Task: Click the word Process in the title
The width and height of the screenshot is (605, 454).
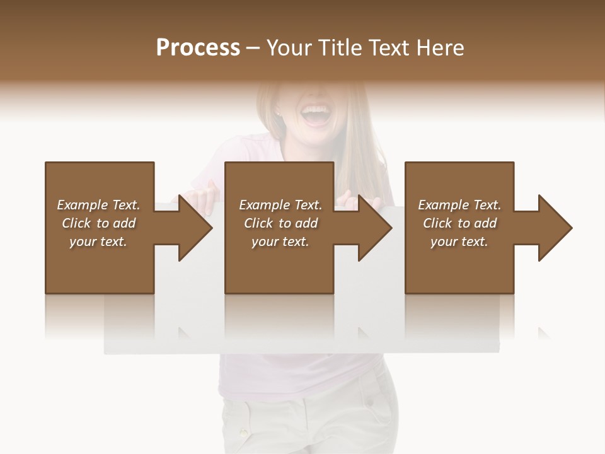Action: (198, 48)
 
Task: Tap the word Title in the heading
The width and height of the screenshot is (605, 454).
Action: (338, 48)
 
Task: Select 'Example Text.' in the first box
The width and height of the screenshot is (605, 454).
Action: (98, 205)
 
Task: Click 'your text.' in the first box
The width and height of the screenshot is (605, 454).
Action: (98, 242)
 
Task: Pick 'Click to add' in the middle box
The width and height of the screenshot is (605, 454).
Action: (280, 223)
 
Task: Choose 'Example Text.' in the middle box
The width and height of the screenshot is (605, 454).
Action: (280, 205)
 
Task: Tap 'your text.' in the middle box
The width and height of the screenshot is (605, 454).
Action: (280, 242)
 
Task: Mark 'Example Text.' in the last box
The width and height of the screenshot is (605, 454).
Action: (459, 205)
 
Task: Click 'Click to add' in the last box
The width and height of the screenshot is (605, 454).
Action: (459, 223)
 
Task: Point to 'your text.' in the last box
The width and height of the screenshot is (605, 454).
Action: (459, 242)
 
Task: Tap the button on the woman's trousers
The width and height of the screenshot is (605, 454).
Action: (243, 433)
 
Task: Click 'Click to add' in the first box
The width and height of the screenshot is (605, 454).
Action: (98, 223)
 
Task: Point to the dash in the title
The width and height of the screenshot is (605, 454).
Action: (253, 48)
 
